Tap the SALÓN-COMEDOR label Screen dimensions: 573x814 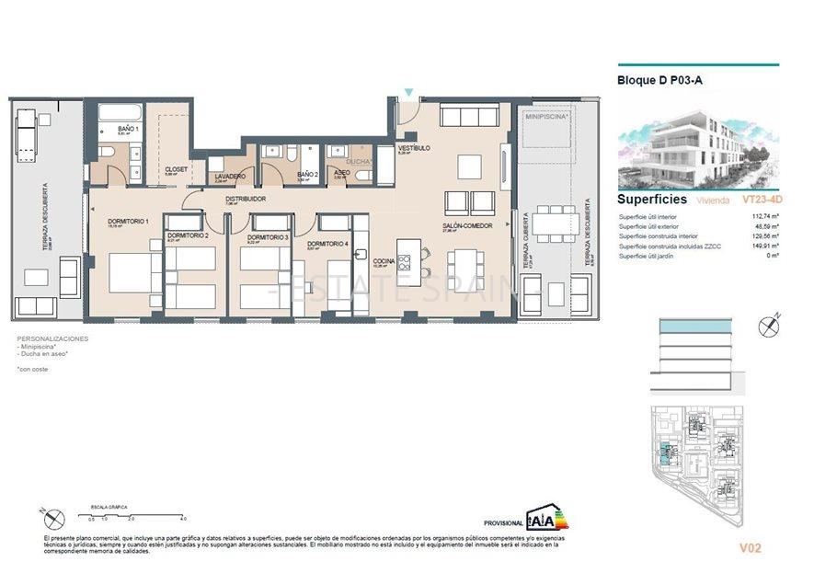point(467,225)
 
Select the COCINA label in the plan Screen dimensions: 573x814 point(384,260)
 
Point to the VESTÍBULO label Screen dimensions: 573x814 point(414,148)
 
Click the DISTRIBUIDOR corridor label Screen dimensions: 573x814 point(246,198)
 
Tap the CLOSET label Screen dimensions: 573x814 point(176,169)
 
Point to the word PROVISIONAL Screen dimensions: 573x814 point(503,522)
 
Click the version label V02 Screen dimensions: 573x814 point(751,549)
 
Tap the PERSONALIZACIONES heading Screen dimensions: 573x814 point(53,338)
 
